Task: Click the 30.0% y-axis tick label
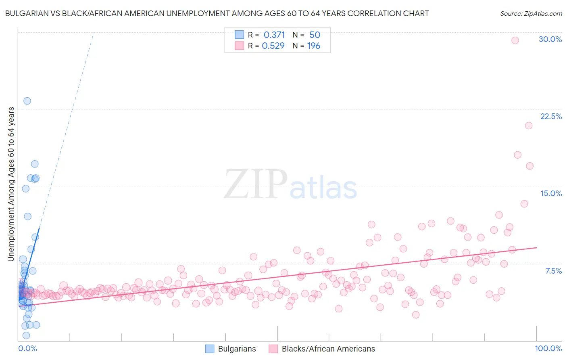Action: (550, 39)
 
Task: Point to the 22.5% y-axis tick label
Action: (550, 116)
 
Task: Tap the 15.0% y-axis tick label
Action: (550, 193)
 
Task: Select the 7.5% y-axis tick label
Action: (553, 271)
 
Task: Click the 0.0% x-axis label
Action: (27, 348)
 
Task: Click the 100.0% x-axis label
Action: (548, 348)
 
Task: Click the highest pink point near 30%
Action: (515, 40)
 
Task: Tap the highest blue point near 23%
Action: (27, 101)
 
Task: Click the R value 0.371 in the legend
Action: (274, 35)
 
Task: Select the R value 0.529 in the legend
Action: (273, 46)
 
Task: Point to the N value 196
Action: (313, 46)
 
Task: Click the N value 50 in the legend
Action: (315, 35)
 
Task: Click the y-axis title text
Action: (11, 184)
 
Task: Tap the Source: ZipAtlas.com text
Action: (531, 13)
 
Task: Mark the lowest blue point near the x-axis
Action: (26, 335)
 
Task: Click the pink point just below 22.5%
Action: (529, 126)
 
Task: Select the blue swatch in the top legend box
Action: (240, 35)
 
